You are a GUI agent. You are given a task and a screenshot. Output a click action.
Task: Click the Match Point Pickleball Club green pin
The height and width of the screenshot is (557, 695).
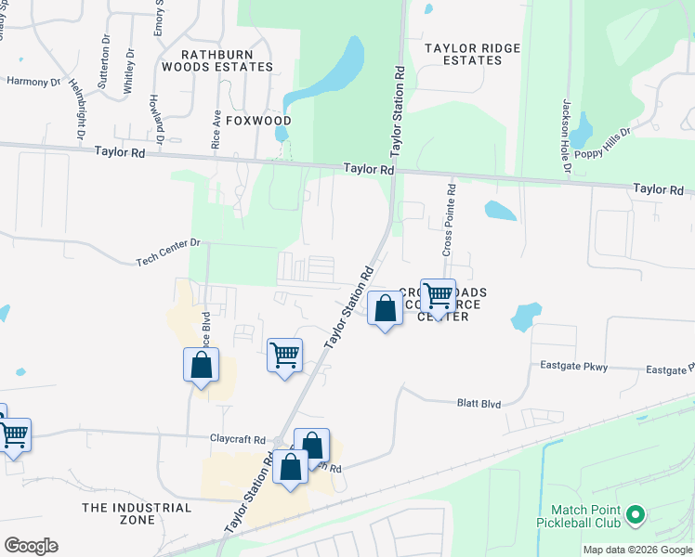(636, 513)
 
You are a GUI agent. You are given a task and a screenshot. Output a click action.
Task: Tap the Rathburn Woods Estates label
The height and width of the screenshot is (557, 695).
(217, 60)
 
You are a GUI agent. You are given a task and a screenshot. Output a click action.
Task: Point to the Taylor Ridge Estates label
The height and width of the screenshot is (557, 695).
(463, 54)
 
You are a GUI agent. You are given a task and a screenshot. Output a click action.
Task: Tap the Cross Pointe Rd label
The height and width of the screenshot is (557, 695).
(450, 218)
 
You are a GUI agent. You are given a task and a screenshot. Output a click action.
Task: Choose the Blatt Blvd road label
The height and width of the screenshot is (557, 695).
(479, 404)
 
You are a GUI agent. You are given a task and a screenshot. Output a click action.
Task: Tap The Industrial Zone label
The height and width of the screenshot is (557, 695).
(137, 513)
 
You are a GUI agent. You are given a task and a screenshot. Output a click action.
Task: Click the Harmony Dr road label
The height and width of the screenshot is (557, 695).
(33, 82)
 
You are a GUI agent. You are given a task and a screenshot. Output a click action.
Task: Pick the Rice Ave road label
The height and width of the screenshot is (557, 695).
(216, 130)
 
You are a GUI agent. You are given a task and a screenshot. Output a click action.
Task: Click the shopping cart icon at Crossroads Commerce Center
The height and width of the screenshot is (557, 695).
(439, 297)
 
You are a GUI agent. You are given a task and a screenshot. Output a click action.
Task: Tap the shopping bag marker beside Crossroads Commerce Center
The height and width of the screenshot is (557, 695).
(385, 308)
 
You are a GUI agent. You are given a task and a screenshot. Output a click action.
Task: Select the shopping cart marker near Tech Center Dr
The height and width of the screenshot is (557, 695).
(284, 354)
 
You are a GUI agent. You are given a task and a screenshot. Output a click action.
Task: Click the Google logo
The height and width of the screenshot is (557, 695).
(31, 546)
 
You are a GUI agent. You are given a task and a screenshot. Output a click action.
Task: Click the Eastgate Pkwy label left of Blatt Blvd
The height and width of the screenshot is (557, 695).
(573, 367)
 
